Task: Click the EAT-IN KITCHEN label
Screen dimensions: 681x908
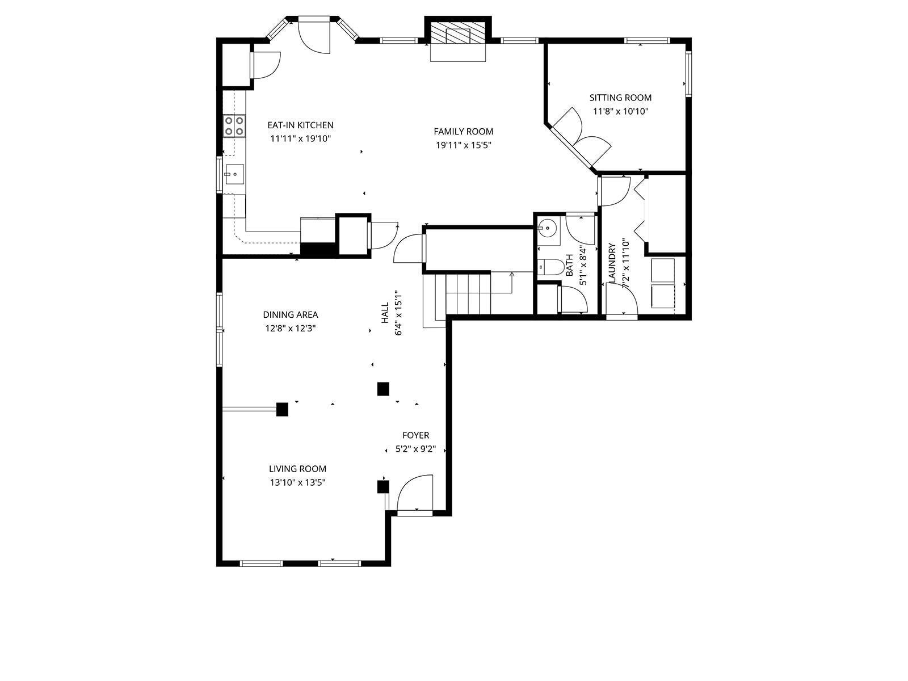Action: point(300,125)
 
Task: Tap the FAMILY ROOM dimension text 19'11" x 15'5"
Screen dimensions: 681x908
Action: point(463,145)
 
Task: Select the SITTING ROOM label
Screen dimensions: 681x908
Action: point(620,98)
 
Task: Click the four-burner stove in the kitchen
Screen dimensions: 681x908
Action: point(234,125)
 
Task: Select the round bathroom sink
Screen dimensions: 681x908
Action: point(547,228)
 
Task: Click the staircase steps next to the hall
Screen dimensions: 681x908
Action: point(468,293)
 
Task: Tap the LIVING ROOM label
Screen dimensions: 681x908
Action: point(297,469)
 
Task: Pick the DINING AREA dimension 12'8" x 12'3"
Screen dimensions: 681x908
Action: point(289,328)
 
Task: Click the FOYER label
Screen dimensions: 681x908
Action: point(415,435)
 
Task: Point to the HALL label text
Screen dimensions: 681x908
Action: point(385,313)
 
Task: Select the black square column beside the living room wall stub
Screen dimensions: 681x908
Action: point(282,409)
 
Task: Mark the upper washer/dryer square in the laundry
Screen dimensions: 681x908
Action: point(662,270)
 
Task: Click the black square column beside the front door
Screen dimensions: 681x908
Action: point(383,486)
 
